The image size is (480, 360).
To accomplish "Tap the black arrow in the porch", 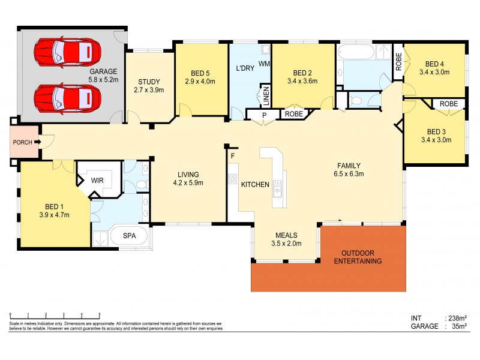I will point(37,142).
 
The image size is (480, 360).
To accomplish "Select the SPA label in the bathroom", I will point(129,236).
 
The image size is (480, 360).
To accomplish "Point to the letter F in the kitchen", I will point(232,156).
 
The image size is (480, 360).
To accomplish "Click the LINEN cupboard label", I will point(265,95).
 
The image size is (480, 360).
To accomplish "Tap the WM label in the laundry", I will point(264,63).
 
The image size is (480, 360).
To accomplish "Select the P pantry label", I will point(263,114).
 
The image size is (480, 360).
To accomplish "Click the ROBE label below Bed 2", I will point(293,114).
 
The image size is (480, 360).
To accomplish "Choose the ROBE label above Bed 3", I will point(448,104).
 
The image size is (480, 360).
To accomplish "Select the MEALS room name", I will point(286,235).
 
